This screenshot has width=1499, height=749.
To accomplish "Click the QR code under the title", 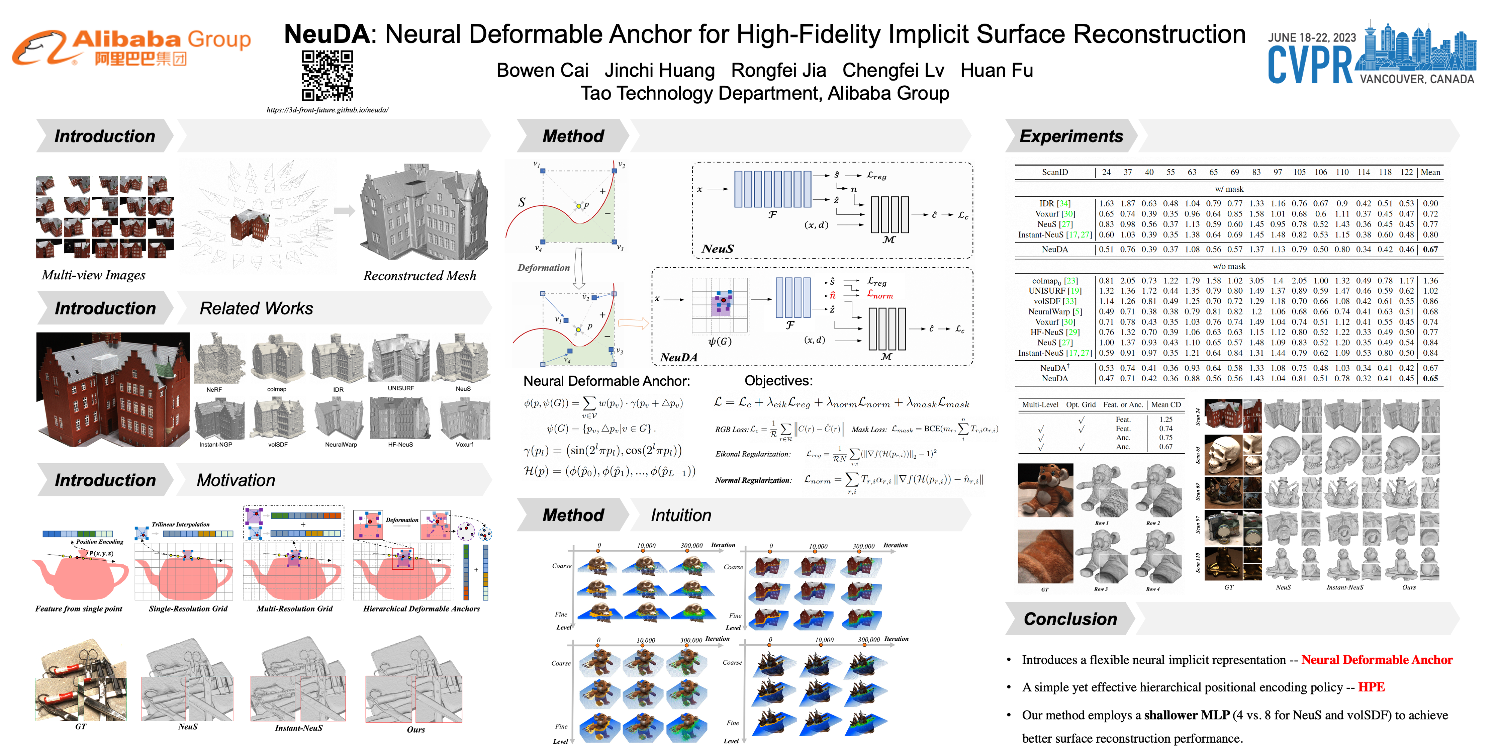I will coord(327,76).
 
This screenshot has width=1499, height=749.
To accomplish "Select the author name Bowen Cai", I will coord(542,70).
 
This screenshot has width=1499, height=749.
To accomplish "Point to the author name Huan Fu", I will coord(996,70).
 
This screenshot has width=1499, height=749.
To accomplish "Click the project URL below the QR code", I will coord(327,110).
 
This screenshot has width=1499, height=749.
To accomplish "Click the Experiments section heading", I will coord(1071,136).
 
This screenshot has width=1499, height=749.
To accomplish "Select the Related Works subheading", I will coord(256,308).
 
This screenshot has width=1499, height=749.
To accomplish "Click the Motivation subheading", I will coord(236,480).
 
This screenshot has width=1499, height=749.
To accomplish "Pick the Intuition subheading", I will coord(681,515).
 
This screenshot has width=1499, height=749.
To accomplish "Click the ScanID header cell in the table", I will coord(1055,172).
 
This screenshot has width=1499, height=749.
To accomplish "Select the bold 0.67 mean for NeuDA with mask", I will coord(1430,249).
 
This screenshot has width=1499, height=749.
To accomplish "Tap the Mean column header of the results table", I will coord(1430,172).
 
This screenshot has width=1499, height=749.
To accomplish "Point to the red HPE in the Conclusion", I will coord(1371,687).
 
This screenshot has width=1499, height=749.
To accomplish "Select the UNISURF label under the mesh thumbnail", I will coord(400,388).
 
